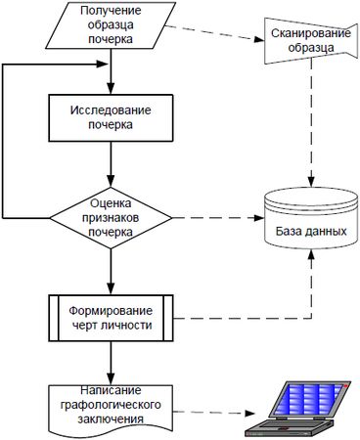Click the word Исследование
111,110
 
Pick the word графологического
111,404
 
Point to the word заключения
111,418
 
